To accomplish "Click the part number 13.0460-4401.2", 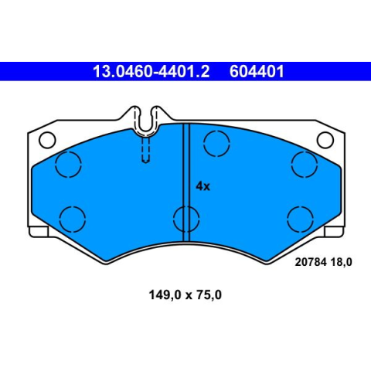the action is [151, 71].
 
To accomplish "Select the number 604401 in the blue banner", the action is [257, 71].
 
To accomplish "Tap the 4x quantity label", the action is [203, 186].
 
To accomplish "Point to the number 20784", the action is [311, 262].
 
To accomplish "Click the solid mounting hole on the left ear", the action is [47, 140].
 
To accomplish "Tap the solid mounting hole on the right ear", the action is [325, 140].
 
